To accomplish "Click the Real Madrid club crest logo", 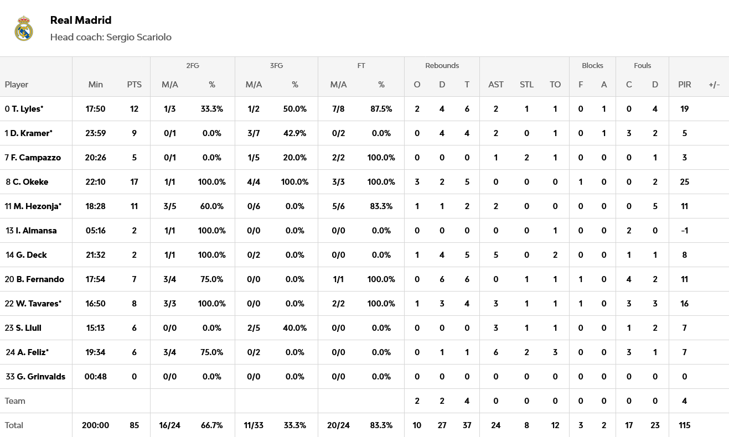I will pos(24,29).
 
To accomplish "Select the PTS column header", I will pos(134,85).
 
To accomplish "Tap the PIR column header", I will pos(684,85).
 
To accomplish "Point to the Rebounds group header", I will pos(442,65).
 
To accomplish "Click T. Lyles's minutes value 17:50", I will pos(95,109).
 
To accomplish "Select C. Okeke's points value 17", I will pos(134,182).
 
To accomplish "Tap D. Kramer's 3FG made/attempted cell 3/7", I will pos(254,133).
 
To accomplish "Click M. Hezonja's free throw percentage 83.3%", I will pos(381,206).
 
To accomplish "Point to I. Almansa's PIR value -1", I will pos(684,231).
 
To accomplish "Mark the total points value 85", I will pos(134,425).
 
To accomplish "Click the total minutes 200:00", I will pos(95,425).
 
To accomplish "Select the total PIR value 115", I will pos(684,425).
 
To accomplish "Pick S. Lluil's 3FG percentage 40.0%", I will pos(294,328).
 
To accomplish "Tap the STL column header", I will pos(526,85).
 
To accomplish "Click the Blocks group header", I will pos(592,65).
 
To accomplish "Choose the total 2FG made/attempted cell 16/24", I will pos(169,425).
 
